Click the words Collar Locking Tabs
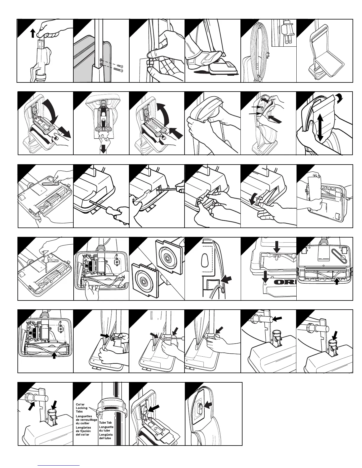pyautogui.click(x=82, y=408)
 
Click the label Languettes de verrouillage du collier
pyautogui.click(x=86, y=420)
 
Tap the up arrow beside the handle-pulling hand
pyautogui.click(x=33, y=33)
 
